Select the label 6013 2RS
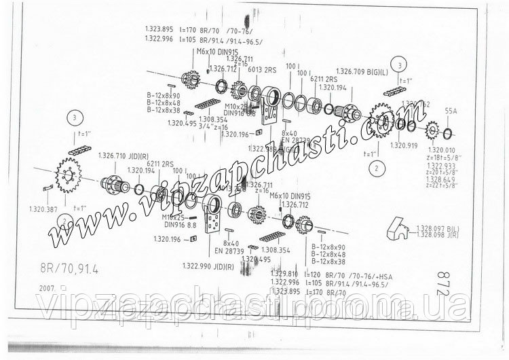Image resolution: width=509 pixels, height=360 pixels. click(261, 69)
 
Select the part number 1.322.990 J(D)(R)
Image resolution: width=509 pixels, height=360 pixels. click(208, 266)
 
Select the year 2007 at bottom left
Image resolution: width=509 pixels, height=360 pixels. click(49, 288)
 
